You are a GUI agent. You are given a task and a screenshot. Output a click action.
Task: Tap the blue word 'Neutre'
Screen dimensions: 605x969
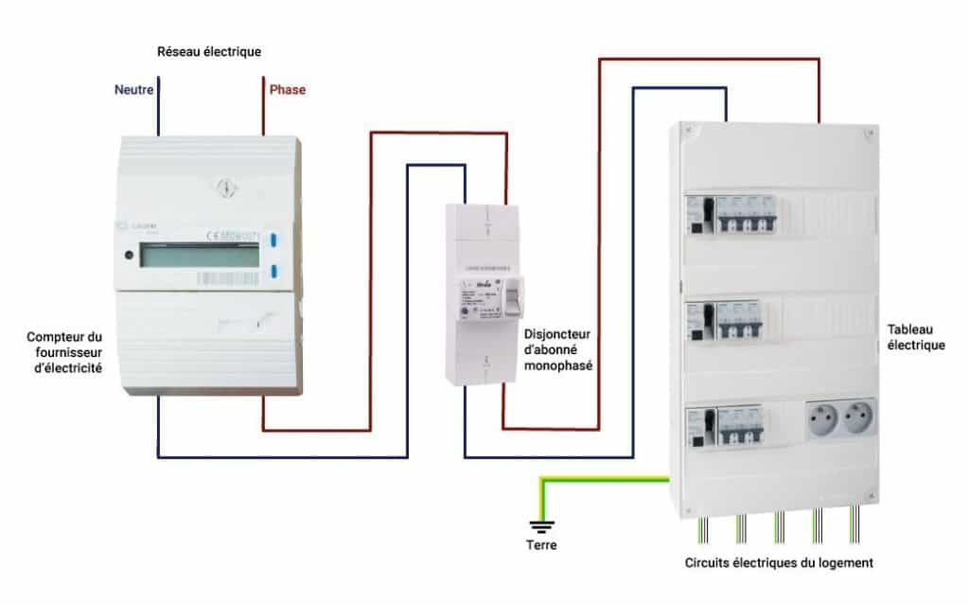point(135,90)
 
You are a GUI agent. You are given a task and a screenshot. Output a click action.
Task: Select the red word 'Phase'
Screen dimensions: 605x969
point(288,90)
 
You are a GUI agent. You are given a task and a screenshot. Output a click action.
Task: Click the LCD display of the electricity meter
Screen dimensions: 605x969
point(199,256)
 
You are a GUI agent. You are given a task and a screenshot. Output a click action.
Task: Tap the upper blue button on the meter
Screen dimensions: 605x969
point(273,240)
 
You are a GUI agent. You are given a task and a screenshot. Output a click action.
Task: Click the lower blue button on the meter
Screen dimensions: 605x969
point(273,273)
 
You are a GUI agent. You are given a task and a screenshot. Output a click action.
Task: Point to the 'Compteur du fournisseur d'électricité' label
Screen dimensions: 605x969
point(64,351)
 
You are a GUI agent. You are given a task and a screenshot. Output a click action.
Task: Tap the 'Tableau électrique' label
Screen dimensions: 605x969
point(916,337)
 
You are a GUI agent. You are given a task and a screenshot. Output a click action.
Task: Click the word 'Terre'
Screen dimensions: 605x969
point(541,545)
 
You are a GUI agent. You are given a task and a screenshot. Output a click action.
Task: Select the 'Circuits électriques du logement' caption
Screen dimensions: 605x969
point(779,562)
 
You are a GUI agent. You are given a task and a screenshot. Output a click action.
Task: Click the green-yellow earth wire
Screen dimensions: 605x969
point(606,480)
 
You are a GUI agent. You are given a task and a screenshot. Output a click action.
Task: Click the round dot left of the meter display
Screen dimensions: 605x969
point(127,254)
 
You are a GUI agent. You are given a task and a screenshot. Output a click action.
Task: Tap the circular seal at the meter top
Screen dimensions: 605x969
point(225,186)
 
